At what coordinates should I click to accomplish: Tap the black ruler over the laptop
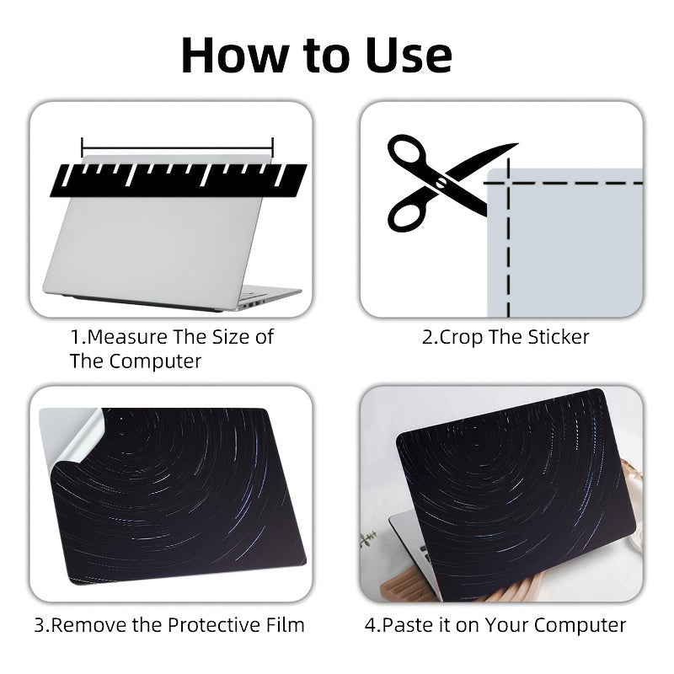tap(179, 180)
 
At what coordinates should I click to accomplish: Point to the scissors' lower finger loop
tap(409, 214)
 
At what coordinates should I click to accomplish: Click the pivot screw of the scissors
tap(441, 183)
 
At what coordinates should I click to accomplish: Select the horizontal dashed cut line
tap(563, 183)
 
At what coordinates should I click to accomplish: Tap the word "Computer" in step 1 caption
tap(155, 361)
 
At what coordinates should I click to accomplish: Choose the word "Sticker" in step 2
tap(559, 337)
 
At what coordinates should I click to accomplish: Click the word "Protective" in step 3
tap(213, 625)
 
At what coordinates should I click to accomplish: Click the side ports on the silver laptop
tap(250, 303)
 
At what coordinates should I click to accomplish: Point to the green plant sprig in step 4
tap(368, 538)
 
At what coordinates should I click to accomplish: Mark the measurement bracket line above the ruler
tap(177, 148)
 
